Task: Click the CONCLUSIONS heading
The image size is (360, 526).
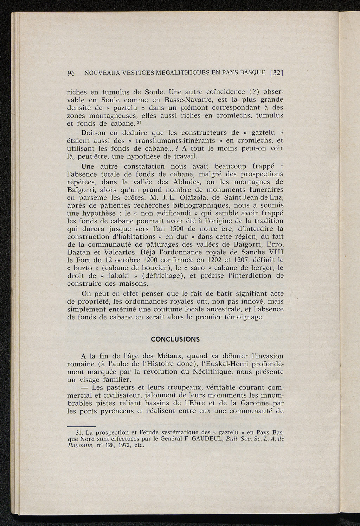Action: (x=175, y=340)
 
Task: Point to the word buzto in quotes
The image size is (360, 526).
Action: (x=82, y=268)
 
